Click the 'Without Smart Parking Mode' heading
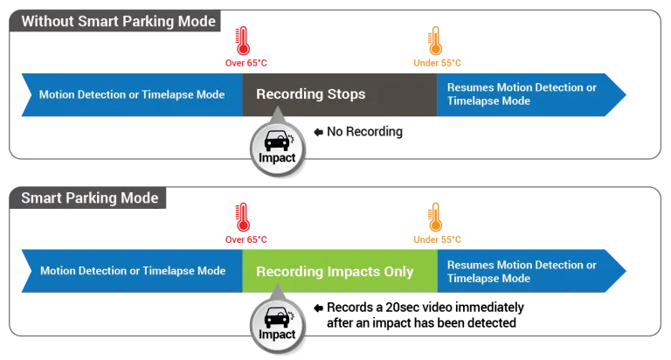(117, 21)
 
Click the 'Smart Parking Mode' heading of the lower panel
(90, 198)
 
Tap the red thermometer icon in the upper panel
(243, 40)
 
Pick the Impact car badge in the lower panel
(276, 322)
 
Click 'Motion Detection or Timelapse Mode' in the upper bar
(131, 94)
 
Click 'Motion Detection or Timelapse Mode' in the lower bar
(132, 272)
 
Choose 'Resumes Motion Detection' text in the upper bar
(522, 87)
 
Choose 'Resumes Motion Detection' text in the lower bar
(522, 265)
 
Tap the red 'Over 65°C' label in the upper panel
(246, 63)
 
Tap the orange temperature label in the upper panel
(437, 63)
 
